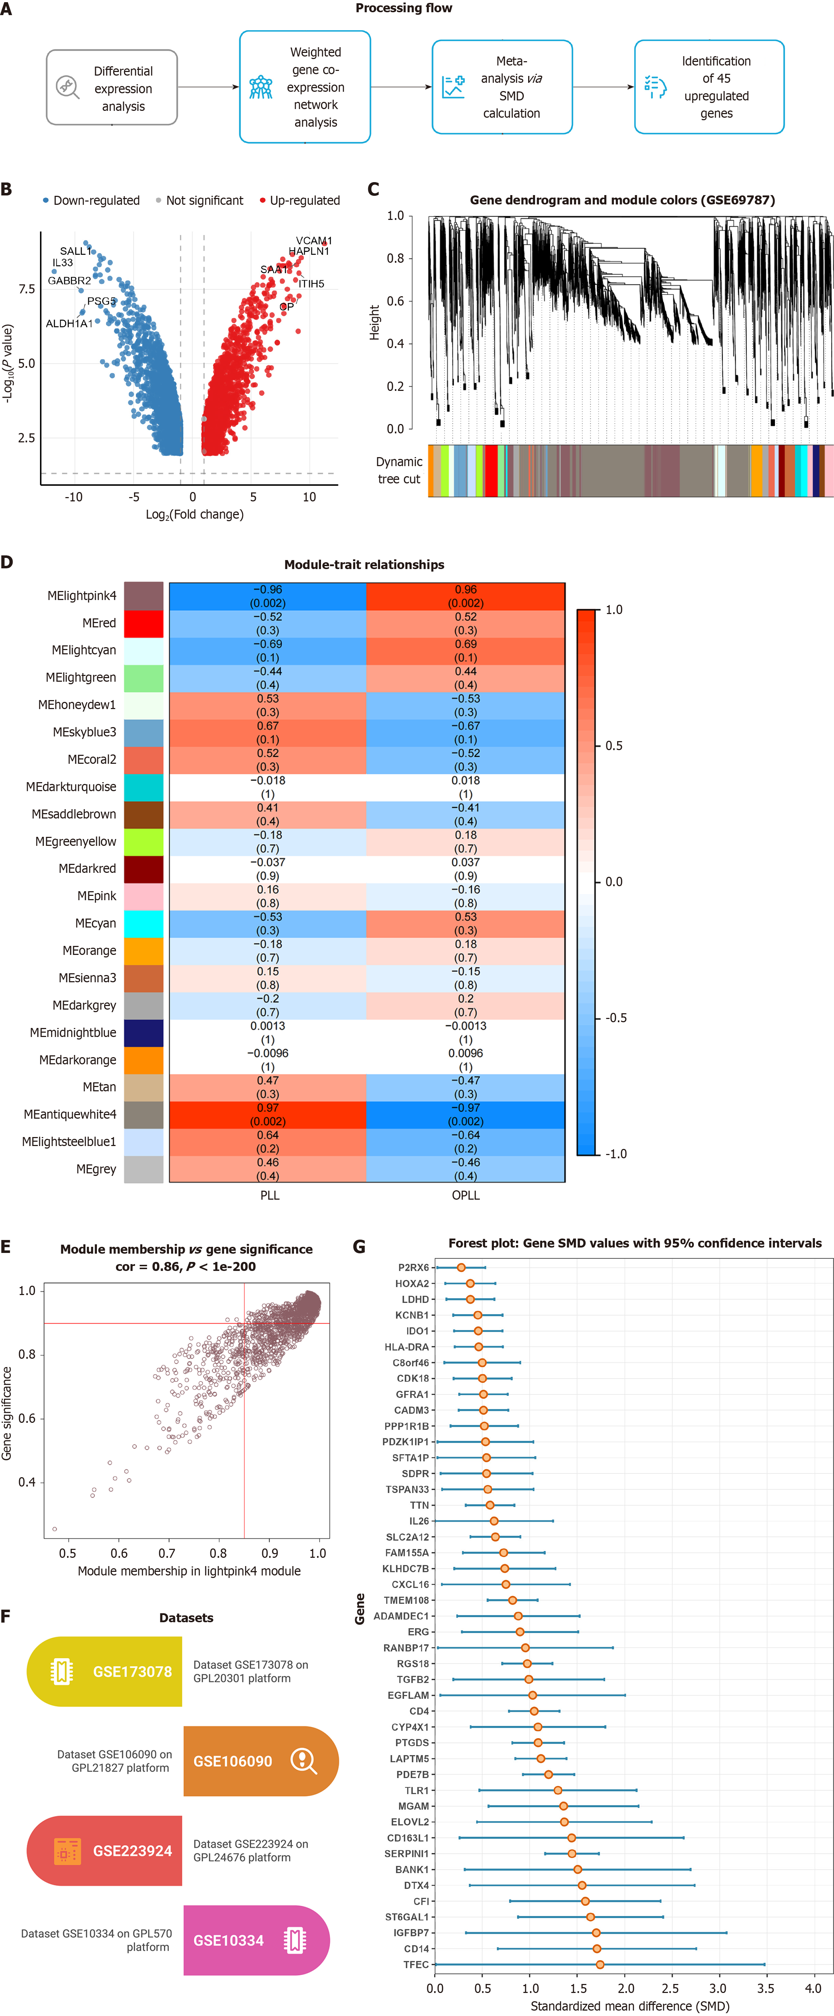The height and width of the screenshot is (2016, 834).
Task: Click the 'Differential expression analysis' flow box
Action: pos(112,88)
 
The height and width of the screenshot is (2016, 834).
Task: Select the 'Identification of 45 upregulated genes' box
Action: pos(709,87)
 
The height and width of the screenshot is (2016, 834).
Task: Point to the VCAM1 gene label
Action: pos(313,240)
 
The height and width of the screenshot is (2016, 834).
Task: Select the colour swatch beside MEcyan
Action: pos(143,924)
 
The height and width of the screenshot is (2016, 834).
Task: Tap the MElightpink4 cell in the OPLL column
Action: pos(465,596)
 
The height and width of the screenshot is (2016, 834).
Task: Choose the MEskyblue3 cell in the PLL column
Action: pos(268,732)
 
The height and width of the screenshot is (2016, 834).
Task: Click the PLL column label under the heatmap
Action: pos(269,1195)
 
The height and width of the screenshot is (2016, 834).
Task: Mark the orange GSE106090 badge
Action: pos(261,1761)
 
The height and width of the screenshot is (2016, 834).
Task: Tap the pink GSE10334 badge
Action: pos(256,1940)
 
